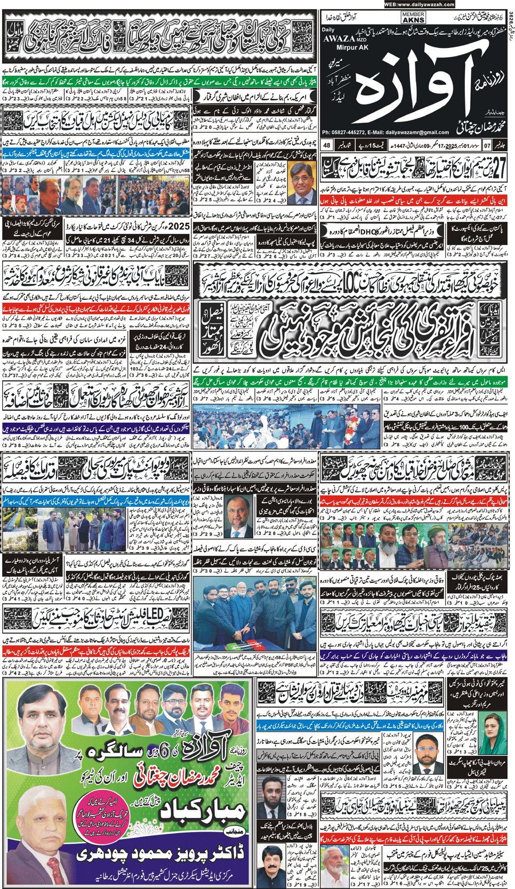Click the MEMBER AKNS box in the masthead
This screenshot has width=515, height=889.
pyautogui.click(x=413, y=18)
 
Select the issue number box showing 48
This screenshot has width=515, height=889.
pyautogui.click(x=327, y=145)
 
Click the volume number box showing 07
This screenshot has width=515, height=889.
pyautogui.click(x=487, y=145)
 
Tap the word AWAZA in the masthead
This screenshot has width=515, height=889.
pyautogui.click(x=339, y=38)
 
